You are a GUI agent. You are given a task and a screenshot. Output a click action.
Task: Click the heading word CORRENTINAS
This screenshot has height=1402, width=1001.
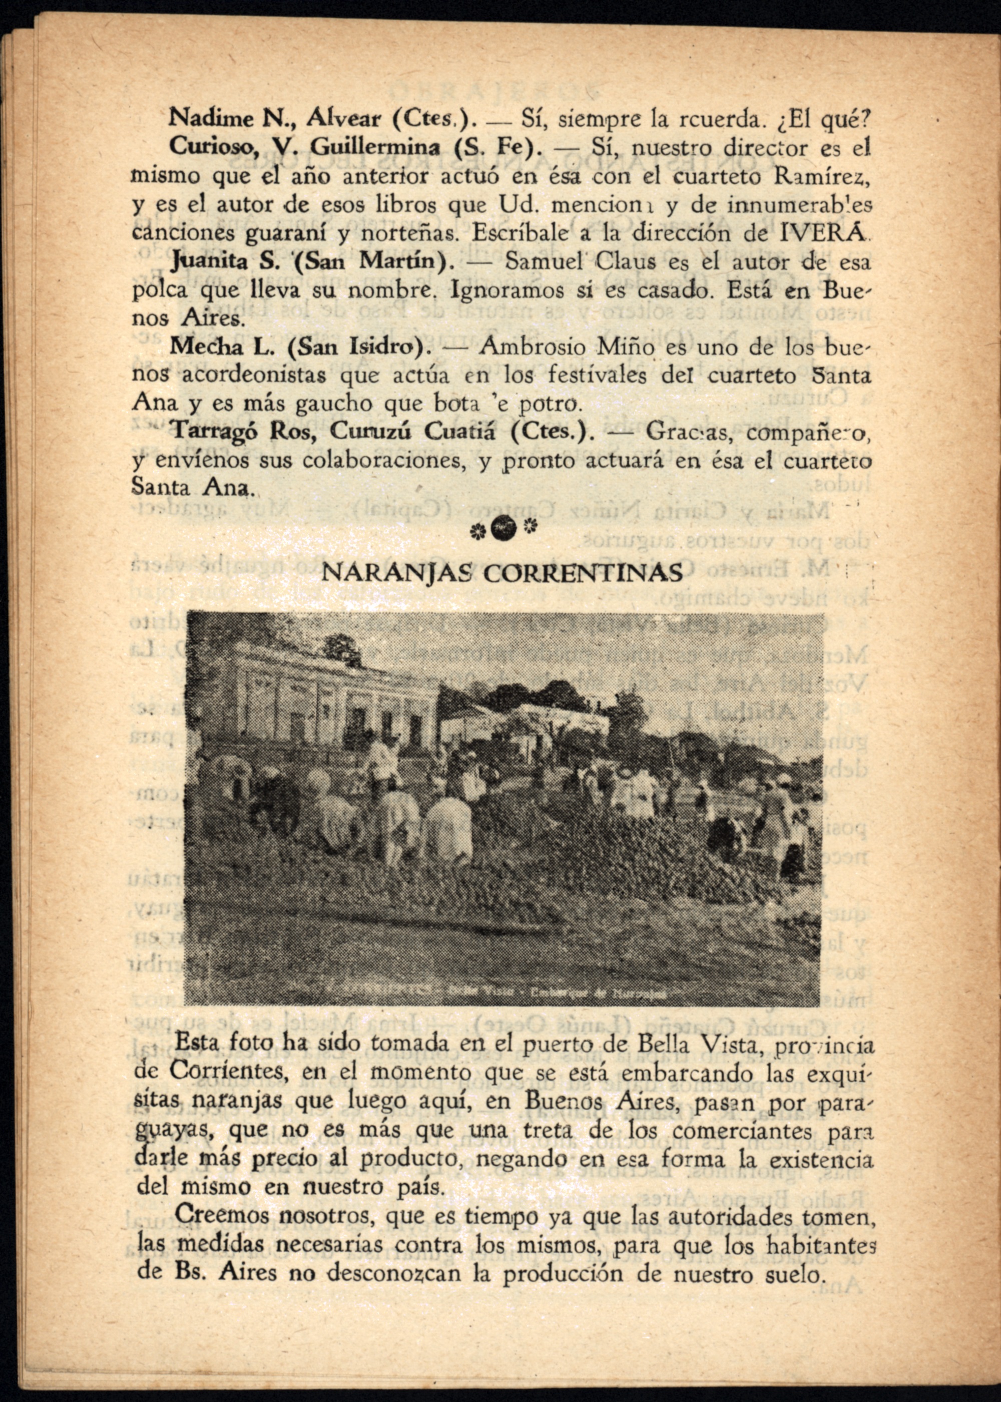(x=583, y=573)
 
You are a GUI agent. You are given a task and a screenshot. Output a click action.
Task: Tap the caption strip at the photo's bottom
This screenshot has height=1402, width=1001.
(x=503, y=993)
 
